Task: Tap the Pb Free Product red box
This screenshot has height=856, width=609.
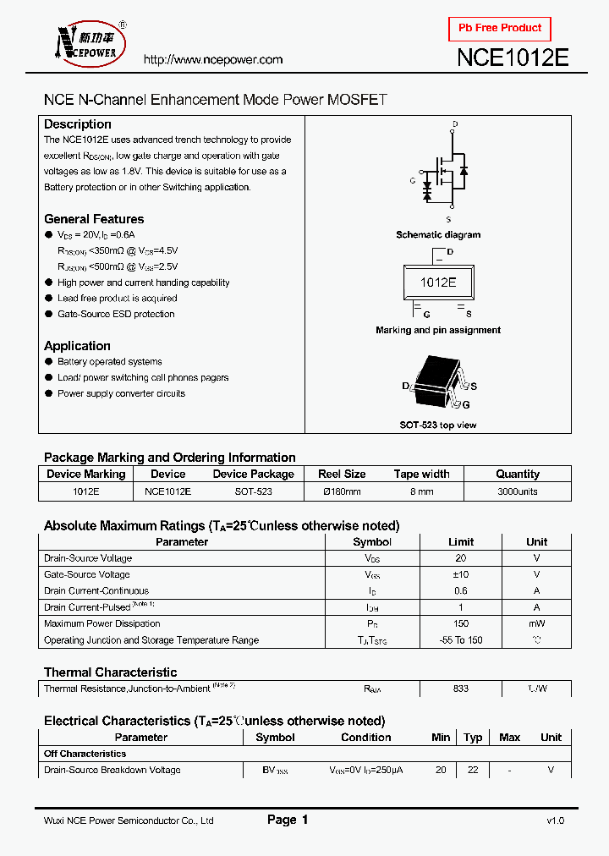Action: [x=499, y=28]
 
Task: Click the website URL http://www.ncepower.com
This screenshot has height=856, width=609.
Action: [x=212, y=60]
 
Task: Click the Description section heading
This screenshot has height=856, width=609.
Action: [x=78, y=124]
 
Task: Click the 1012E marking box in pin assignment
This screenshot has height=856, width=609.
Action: [x=438, y=283]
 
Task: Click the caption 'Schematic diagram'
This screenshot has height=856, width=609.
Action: [x=438, y=234]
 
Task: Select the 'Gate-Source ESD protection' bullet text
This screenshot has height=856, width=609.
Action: [x=116, y=314]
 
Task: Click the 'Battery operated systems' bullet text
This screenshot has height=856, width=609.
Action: [x=109, y=362]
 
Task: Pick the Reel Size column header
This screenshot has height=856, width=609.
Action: [x=342, y=475]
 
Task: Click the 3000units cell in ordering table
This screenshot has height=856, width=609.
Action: [x=517, y=491]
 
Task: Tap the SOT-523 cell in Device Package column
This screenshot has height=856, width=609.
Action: [x=253, y=491]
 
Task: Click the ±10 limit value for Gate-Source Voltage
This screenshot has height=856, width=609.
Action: [x=461, y=575]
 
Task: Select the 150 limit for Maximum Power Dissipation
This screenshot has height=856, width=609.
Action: [x=461, y=624]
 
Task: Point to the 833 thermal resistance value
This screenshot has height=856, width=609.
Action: [x=461, y=689]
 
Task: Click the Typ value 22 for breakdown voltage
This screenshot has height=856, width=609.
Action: [x=473, y=770]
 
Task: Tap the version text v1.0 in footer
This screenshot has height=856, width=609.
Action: [x=554, y=820]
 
